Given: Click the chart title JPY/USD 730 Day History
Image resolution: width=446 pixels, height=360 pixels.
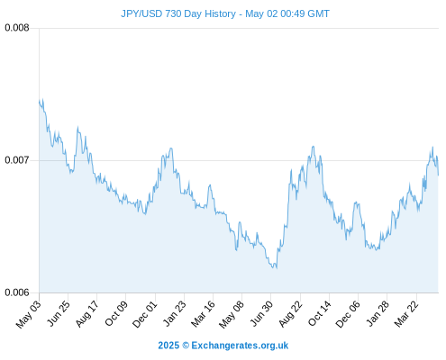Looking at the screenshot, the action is point(178,13).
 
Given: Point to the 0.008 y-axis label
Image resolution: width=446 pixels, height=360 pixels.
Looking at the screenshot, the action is point(17,28).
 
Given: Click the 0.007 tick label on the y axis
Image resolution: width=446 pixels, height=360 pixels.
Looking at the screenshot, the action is point(17,160).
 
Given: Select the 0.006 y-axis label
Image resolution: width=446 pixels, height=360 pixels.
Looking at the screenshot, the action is point(17,292).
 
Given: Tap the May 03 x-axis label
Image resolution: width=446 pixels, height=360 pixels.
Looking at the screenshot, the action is point(28,314).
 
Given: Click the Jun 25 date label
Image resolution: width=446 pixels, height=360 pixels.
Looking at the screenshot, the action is point(59,313).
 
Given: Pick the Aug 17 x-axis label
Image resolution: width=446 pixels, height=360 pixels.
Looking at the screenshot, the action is point(86,314).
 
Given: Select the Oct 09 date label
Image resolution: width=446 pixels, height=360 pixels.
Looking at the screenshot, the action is point(116,313).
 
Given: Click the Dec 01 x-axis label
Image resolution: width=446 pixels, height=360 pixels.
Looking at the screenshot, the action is point(144,314).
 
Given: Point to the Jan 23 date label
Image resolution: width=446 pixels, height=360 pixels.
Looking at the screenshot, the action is point(174,313).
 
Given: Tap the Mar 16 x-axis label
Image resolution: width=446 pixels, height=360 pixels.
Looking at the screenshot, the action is point(203,314).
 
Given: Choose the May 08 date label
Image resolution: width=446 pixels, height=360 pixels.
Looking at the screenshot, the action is point(232,314).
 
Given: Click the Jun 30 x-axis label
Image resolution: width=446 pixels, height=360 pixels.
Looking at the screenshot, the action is point(261,313).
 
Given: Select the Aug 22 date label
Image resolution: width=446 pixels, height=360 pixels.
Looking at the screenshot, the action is point(290,314).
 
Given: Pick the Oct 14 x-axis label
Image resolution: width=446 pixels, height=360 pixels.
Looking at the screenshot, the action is point(319,313).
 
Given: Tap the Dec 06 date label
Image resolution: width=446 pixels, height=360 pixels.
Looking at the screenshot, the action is point(348,314).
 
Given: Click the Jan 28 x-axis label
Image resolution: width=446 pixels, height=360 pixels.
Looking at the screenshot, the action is point(378,313).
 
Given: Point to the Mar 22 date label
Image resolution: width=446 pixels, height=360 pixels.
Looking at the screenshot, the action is point(406,314).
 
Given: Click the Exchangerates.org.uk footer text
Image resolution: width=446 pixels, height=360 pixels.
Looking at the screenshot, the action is point(240,346).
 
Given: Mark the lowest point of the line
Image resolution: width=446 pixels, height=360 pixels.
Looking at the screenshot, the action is point(276,268).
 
